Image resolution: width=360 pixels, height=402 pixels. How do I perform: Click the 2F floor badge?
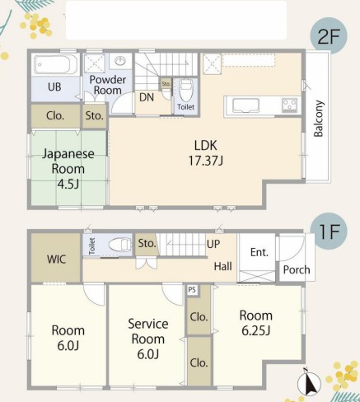(329, 36)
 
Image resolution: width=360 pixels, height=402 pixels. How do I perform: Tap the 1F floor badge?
(329, 231)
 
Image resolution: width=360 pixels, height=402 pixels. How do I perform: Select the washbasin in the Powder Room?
(120, 61)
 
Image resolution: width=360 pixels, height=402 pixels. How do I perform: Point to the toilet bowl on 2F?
(186, 90)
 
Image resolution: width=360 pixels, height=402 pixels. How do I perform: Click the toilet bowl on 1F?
(120, 245)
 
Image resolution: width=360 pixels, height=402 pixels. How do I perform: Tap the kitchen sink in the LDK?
(245, 105)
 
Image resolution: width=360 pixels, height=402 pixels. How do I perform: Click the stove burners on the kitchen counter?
(289, 105)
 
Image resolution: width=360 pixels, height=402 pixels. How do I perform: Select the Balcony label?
(319, 119)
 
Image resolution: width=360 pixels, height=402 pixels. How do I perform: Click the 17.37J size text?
(206, 161)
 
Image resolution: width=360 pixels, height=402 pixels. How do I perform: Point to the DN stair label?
(147, 97)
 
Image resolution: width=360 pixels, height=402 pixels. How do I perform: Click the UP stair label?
(213, 244)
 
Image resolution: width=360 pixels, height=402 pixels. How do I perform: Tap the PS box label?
(192, 290)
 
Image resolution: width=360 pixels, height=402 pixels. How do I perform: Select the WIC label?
(56, 259)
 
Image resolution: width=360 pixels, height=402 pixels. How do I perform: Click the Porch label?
(297, 269)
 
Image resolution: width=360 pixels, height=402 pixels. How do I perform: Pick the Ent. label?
(259, 252)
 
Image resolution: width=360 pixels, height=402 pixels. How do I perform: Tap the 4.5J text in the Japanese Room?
(68, 184)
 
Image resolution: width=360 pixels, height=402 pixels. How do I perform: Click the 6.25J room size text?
(256, 330)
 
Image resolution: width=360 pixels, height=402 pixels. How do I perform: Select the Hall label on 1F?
(222, 266)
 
